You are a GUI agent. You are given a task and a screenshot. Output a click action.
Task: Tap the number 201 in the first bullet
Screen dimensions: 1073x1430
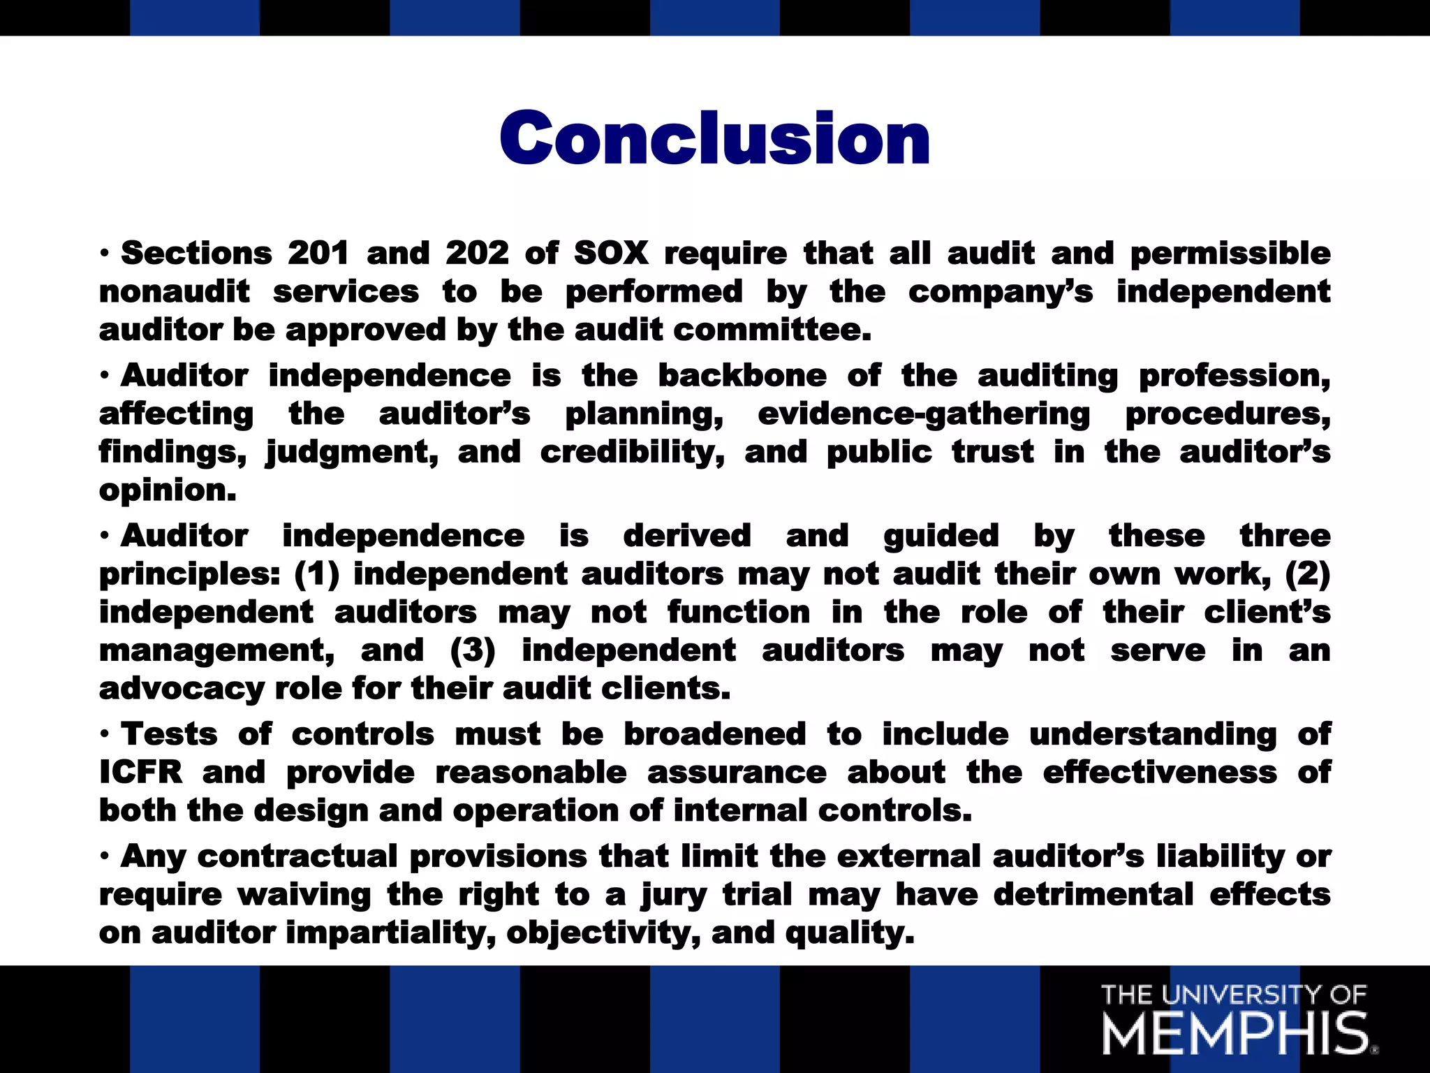pos(318,253)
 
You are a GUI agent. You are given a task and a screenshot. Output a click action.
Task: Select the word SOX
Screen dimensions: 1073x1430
pos(611,253)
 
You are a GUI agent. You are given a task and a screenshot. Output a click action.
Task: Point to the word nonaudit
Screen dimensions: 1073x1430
pos(175,292)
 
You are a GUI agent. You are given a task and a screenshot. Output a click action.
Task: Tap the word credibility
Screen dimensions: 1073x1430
pos(632,453)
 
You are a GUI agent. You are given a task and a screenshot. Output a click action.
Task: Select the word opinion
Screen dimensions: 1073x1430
pos(168,490)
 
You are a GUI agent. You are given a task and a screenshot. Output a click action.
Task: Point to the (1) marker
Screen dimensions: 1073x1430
pos(317,574)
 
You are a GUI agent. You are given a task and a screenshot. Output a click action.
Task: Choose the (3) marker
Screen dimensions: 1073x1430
pos(473,651)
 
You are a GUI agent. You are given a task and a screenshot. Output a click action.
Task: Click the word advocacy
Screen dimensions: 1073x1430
pos(182,689)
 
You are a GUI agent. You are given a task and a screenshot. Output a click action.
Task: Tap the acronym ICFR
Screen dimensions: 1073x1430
pos(141,773)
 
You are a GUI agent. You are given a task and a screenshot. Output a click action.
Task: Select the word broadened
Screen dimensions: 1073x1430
pos(714,734)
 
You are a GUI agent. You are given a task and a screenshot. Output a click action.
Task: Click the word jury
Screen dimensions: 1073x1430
pos(674,896)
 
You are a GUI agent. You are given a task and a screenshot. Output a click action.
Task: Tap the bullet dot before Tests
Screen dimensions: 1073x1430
pos(104,735)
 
